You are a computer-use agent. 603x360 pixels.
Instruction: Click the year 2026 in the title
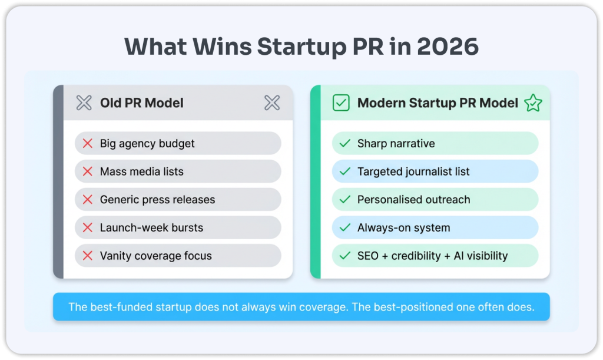click(448, 47)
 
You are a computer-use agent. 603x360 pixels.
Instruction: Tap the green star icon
click(533, 103)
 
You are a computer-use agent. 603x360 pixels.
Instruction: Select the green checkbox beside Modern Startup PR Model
click(341, 103)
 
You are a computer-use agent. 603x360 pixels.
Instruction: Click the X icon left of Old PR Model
click(84, 103)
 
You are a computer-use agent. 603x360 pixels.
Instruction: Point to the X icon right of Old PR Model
click(272, 103)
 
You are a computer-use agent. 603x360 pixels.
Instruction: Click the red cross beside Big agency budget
click(88, 143)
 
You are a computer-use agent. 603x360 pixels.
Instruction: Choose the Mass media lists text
click(142, 171)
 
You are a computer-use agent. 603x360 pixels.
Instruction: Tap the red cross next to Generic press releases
click(88, 200)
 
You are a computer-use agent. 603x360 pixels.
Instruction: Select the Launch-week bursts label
click(151, 227)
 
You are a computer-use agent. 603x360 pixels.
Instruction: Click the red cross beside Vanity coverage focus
click(88, 256)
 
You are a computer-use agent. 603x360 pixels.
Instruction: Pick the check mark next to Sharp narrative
click(345, 143)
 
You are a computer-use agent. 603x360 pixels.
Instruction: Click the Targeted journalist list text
click(413, 171)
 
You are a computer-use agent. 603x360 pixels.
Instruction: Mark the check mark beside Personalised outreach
click(345, 200)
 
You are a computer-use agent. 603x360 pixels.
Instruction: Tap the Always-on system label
click(404, 227)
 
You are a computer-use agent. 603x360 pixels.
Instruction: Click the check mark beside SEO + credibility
click(345, 256)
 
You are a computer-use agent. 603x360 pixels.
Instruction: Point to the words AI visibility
click(481, 256)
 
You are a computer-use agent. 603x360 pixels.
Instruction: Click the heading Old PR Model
click(142, 103)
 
